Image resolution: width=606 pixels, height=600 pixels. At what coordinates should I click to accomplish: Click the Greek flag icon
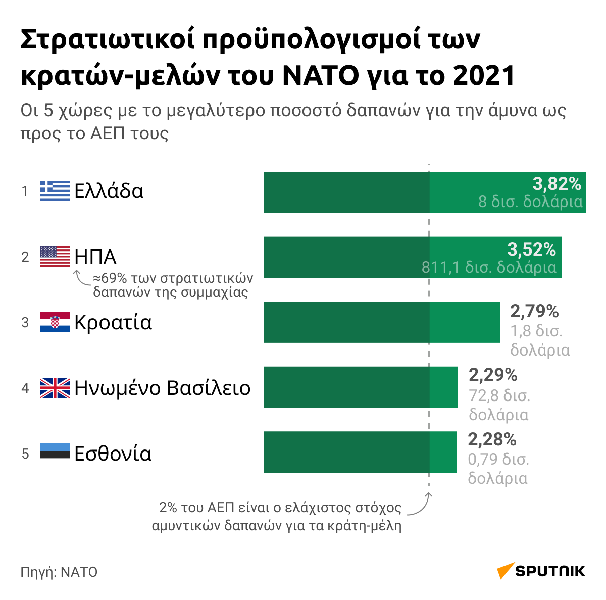click(55, 191)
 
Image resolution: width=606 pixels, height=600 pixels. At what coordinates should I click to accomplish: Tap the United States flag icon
click(55, 257)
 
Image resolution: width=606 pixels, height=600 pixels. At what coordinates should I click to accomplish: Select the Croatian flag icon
click(55, 322)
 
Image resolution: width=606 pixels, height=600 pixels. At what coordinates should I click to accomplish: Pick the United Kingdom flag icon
click(55, 387)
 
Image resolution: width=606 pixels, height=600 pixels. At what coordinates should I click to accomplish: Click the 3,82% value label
click(557, 184)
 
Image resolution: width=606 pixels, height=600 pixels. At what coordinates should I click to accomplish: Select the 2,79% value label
click(534, 311)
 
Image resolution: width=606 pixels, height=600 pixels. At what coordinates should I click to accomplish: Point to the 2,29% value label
click(493, 375)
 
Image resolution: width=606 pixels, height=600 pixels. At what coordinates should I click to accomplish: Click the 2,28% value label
click(492, 439)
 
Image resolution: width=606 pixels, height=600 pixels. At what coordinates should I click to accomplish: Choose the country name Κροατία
click(113, 323)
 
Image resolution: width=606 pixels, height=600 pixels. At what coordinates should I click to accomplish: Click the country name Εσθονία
click(113, 454)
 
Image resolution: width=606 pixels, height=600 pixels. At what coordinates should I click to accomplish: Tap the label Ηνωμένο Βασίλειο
click(163, 388)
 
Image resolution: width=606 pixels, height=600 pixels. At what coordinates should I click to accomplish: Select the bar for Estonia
click(360, 452)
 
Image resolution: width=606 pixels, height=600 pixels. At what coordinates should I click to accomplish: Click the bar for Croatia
click(382, 322)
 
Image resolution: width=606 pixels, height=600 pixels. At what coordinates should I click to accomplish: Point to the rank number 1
click(25, 191)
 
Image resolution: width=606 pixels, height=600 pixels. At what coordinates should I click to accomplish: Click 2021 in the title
click(484, 76)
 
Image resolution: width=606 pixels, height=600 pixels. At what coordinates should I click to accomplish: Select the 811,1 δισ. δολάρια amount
click(489, 267)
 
